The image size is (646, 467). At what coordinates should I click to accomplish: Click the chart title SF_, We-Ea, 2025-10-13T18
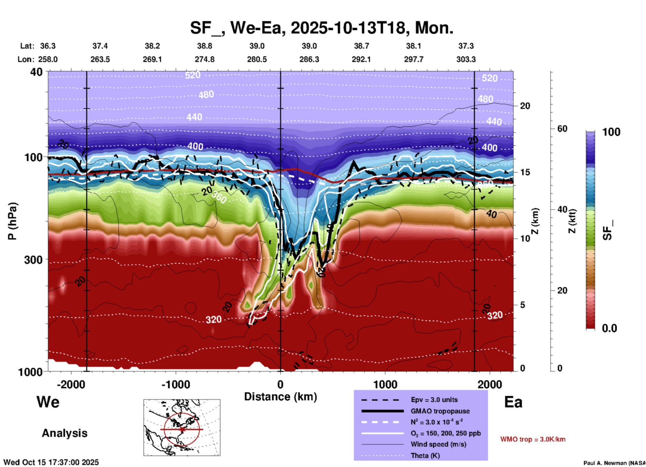tap(321, 28)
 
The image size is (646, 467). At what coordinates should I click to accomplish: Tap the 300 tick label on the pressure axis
tap(33, 260)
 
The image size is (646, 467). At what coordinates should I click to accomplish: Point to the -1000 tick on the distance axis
tap(175, 384)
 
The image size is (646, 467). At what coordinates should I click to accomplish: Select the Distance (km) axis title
tap(280, 397)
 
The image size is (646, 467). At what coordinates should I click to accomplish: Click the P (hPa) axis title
tap(12, 221)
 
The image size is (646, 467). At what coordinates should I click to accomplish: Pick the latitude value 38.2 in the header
tap(152, 46)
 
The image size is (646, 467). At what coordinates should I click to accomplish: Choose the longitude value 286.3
tap(309, 59)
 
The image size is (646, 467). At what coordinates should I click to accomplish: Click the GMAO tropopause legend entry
tap(440, 411)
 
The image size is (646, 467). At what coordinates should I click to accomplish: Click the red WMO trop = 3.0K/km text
tap(533, 439)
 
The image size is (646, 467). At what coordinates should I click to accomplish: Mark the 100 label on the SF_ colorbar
tap(611, 132)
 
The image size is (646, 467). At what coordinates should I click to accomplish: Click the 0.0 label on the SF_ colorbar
tap(609, 328)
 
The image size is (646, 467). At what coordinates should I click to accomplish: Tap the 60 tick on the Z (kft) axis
tap(562, 129)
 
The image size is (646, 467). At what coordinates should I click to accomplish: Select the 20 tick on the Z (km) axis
tap(525, 106)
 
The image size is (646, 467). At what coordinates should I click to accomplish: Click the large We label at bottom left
tap(48, 402)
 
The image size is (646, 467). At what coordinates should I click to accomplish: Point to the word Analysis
tap(64, 433)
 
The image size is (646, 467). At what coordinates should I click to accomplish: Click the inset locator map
tap(182, 427)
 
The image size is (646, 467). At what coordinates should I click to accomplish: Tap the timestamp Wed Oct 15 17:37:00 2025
tap(51, 462)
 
